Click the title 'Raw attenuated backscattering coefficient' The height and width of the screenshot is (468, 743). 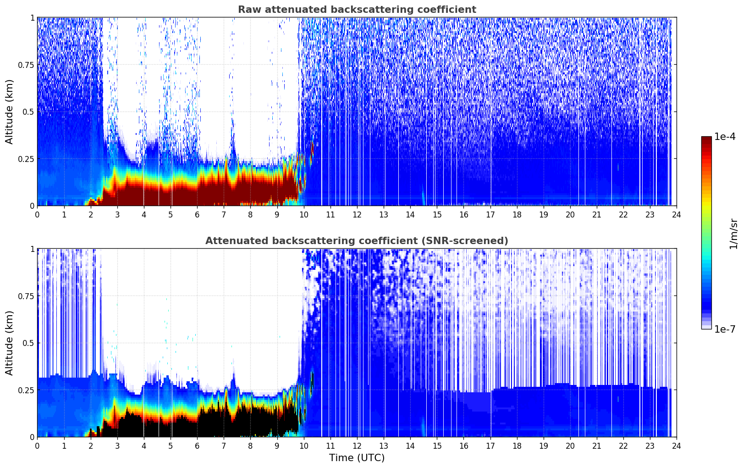(357, 10)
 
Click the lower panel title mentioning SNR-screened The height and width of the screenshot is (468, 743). (357, 241)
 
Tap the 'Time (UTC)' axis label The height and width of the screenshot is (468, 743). (357, 458)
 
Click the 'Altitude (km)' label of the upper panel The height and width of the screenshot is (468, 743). (10, 111)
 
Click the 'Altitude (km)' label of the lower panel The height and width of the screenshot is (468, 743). (10, 343)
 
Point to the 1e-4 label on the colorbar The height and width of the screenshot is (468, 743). (725, 137)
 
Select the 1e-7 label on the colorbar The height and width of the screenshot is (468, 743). (725, 329)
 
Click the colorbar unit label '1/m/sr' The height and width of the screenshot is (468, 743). (733, 234)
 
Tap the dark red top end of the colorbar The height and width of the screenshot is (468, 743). (706, 139)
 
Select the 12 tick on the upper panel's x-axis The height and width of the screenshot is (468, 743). (357, 214)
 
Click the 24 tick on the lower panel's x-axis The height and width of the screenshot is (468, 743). (677, 446)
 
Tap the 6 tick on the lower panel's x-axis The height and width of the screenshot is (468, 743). (197, 446)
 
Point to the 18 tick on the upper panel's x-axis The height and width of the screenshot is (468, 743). (517, 214)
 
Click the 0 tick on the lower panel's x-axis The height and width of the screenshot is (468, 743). (37, 446)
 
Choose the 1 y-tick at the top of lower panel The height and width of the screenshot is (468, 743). (32, 249)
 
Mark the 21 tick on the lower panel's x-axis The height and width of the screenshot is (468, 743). (597, 446)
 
